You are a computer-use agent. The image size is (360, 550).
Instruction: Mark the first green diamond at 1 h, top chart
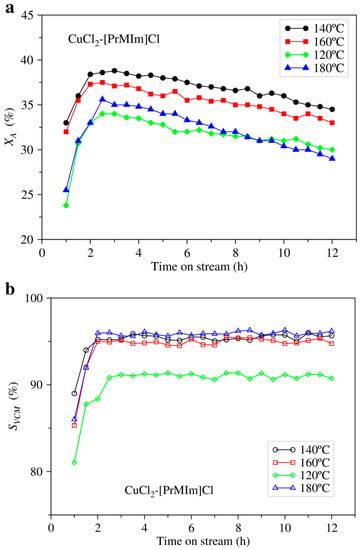[66, 205]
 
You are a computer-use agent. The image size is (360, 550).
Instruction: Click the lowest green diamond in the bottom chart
[74, 462]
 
